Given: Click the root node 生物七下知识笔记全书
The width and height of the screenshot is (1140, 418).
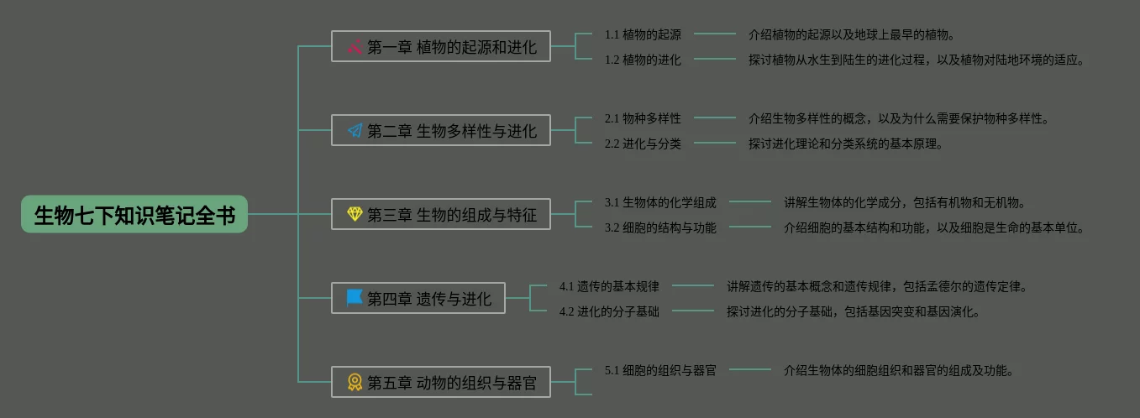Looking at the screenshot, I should point(134,215).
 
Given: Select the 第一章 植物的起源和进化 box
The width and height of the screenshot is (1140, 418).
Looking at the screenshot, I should point(440,46).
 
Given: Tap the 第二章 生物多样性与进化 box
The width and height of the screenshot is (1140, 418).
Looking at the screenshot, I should point(440,130).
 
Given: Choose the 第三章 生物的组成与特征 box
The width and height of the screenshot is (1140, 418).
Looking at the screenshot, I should point(440,214).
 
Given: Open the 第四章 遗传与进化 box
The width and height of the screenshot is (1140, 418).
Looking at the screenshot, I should point(418,298).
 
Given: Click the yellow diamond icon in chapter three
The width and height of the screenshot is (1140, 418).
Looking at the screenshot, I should point(355,214).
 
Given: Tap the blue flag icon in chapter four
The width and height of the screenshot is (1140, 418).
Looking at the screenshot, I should point(355,298).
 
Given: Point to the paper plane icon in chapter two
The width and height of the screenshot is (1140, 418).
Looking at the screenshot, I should point(355,130).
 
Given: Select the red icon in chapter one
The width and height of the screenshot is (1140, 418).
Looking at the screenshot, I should point(355,46).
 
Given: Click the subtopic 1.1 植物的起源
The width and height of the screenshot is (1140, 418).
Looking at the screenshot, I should point(643,34).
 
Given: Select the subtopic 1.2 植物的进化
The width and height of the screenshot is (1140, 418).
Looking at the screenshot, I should point(643,60).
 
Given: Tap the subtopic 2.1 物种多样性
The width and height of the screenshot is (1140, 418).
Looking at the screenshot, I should point(643,118).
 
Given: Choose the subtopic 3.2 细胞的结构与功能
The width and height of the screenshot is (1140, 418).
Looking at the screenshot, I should point(660,227).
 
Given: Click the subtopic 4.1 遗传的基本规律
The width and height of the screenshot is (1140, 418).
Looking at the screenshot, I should point(609,286).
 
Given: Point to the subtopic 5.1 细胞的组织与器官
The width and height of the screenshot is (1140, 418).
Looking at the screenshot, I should point(660,370).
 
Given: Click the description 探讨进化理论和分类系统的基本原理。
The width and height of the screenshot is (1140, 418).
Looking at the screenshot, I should point(846,144).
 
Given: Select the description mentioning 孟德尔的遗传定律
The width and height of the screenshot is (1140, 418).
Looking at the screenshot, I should point(877,286).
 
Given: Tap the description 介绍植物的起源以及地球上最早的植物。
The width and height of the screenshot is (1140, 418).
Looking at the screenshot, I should point(852,34).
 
